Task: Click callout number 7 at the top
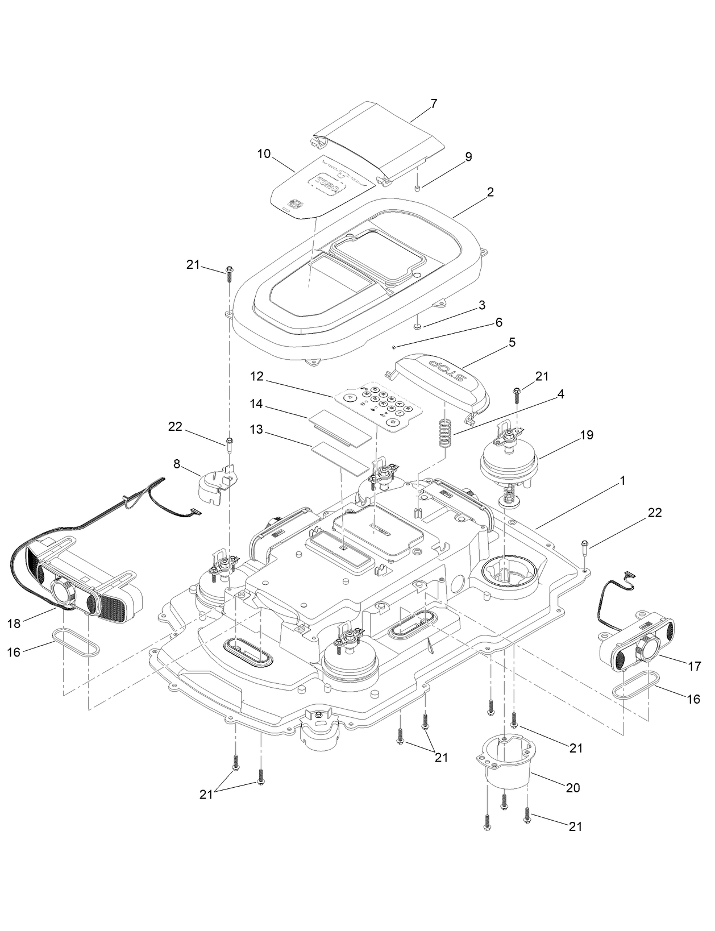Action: pyautogui.click(x=434, y=103)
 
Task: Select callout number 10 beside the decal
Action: pyautogui.click(x=264, y=153)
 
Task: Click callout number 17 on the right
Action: pyautogui.click(x=695, y=666)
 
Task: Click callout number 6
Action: pyautogui.click(x=499, y=322)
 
